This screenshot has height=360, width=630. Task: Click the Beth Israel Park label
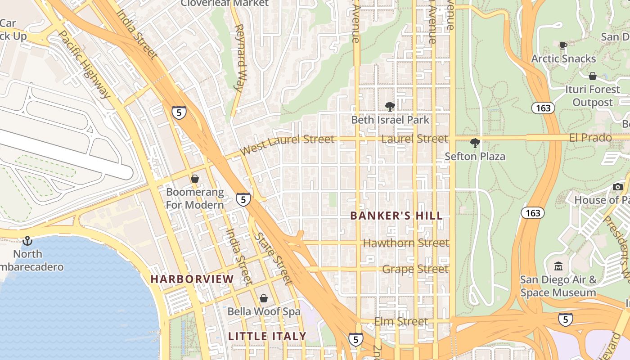pos(390,120)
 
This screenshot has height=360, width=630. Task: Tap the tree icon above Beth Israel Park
pos(390,107)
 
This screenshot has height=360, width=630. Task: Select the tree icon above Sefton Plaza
pos(475,144)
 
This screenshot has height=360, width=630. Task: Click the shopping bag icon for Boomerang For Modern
pos(195,179)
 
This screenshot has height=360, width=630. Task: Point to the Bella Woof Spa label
pos(264,311)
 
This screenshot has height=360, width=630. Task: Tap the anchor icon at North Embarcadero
pos(28,241)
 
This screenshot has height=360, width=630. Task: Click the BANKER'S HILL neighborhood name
pos(396,216)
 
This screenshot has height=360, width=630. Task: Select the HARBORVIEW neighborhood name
pos(192,279)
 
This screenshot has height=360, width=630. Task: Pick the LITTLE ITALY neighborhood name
pos(267,336)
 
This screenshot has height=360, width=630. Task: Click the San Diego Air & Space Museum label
pos(558,286)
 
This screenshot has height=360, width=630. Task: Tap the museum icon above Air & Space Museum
pos(558,266)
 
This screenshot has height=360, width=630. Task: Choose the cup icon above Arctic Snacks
pos(563,45)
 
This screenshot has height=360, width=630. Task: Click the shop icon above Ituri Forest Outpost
pos(593,76)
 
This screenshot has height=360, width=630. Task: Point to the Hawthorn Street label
pos(406,243)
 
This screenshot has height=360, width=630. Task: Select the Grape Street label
pos(415,269)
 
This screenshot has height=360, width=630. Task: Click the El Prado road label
pos(590,138)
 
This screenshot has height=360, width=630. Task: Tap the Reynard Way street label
pos(241,58)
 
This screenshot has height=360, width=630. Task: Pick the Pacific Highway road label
pos(84,64)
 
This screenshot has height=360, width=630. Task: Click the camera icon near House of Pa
pos(618,187)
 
